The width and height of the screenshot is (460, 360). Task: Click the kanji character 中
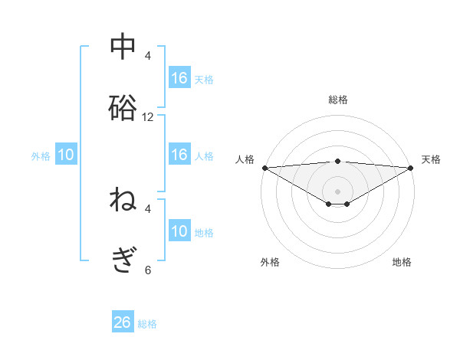click(x=123, y=46)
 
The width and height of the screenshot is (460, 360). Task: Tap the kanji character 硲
click(x=123, y=107)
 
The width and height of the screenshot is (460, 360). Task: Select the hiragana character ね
click(x=123, y=200)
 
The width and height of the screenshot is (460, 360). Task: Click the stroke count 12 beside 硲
click(x=148, y=117)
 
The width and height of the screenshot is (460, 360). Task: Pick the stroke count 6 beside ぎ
click(x=148, y=270)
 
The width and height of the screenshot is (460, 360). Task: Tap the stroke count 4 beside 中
click(x=148, y=56)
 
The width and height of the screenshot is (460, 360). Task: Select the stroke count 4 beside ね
click(x=148, y=208)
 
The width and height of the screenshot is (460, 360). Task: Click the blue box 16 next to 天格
click(x=179, y=78)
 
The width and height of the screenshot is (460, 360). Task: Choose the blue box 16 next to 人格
click(x=179, y=155)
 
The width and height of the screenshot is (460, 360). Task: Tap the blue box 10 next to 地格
click(x=179, y=231)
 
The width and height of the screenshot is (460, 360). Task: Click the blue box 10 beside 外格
click(x=66, y=155)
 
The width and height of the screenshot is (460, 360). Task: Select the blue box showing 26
click(x=123, y=322)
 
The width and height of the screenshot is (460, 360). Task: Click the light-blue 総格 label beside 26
click(x=147, y=324)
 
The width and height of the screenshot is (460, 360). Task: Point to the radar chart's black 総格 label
click(x=338, y=100)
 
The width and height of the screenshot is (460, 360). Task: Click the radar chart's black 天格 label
click(x=432, y=159)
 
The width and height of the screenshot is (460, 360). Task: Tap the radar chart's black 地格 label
click(x=402, y=262)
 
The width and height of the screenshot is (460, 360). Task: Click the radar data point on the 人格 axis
click(x=264, y=167)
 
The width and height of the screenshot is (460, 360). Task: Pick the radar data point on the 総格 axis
click(x=338, y=161)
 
